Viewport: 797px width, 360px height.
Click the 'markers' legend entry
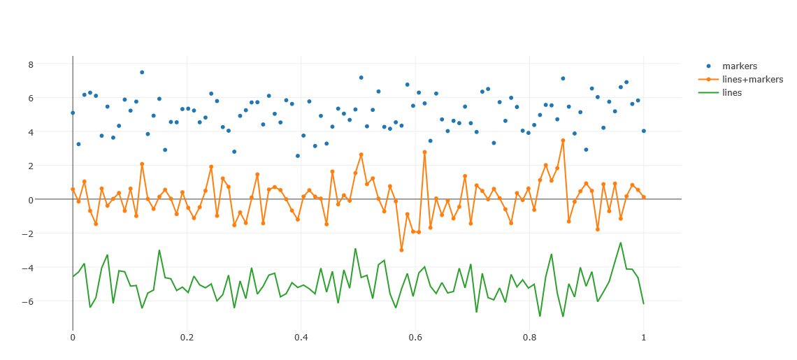pyautogui.click(x=739, y=66)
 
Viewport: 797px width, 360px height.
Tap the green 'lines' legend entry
pyautogui.click(x=732, y=92)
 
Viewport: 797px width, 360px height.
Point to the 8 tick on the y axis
pyautogui.click(x=30, y=64)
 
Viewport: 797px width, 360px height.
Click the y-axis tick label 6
pyautogui.click(x=30, y=98)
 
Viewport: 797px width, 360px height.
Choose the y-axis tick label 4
pyautogui.click(x=30, y=132)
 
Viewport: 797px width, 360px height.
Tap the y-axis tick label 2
pyautogui.click(x=30, y=166)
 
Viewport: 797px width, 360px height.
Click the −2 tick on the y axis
pyautogui.click(x=27, y=233)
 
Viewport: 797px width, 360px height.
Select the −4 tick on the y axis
pyautogui.click(x=27, y=268)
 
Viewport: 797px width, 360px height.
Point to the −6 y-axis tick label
pyautogui.click(x=27, y=301)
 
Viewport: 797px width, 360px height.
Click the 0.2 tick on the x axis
pyautogui.click(x=187, y=337)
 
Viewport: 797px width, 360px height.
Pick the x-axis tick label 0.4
pyautogui.click(x=301, y=337)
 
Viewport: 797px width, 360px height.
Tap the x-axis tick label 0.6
pyautogui.click(x=415, y=337)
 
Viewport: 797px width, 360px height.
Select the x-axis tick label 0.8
pyautogui.click(x=529, y=337)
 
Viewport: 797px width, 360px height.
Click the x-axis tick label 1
pyautogui.click(x=644, y=337)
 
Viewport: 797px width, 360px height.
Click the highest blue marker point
pyautogui.click(x=142, y=72)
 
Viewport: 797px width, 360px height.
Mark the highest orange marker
pyautogui.click(x=563, y=141)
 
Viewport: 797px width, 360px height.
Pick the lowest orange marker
pyautogui.click(x=401, y=250)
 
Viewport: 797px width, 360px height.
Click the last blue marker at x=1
pyautogui.click(x=644, y=131)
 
